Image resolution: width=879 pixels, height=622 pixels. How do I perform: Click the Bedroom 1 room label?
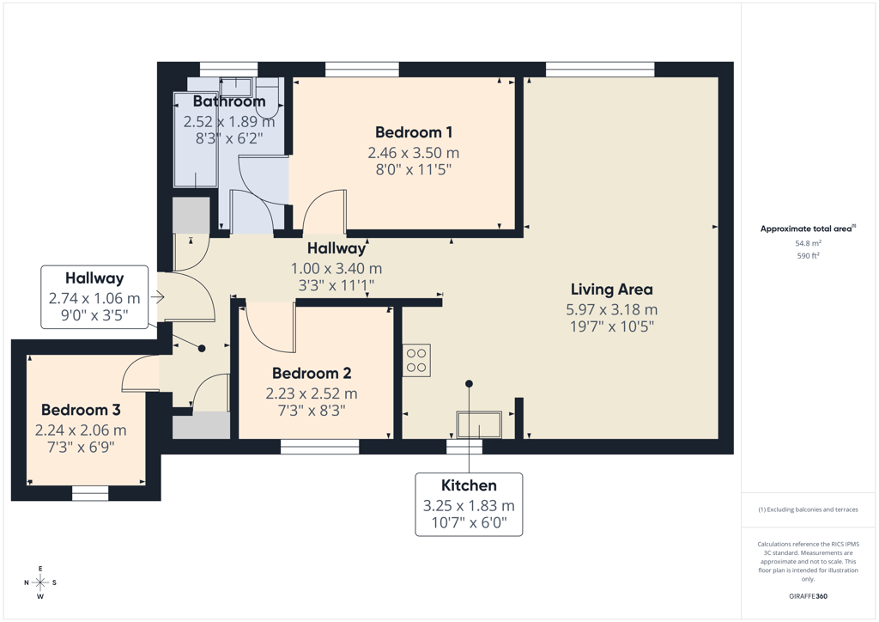tap(414, 132)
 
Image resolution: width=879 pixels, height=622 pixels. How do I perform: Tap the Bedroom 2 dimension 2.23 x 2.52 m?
tap(312, 393)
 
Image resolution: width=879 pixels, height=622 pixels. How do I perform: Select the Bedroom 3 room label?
tap(81, 410)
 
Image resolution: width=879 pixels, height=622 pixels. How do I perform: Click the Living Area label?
tap(611, 290)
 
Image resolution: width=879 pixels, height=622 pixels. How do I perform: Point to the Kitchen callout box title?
tap(469, 485)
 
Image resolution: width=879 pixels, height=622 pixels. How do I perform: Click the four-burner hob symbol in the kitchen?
tap(416, 360)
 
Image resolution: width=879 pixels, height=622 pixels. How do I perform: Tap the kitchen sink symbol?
tap(479, 424)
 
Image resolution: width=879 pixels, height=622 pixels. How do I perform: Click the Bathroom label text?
tap(229, 101)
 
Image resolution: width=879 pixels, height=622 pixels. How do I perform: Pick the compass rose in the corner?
tap(40, 582)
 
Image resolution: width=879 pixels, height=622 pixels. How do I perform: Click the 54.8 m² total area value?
tap(808, 243)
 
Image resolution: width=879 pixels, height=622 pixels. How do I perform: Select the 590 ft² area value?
tap(808, 256)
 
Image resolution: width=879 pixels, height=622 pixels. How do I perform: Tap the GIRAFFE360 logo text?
tap(808, 596)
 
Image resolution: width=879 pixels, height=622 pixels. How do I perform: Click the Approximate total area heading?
tap(808, 229)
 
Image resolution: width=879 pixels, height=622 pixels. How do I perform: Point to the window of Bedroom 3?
tap(90, 493)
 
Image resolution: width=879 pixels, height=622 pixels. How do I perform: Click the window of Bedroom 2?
tap(319, 447)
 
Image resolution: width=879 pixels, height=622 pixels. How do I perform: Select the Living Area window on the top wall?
tap(600, 70)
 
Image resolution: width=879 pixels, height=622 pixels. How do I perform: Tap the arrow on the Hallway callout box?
tap(158, 297)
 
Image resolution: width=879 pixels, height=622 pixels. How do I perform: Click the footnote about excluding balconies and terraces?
tap(808, 509)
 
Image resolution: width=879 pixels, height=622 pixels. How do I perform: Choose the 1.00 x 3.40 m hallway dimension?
tap(336, 269)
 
